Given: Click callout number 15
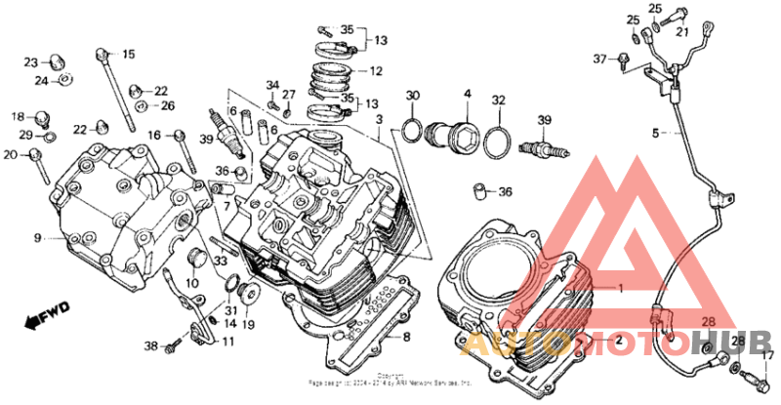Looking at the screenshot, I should [129, 55].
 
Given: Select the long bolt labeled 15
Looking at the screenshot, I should [114, 88].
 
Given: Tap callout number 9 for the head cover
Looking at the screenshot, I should [37, 237].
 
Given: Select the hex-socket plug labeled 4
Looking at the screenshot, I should [457, 128].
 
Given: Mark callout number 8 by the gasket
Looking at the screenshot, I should [407, 337].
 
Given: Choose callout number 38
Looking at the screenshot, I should [150, 346].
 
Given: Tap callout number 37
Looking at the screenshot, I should [599, 59].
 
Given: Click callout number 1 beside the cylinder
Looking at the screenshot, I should [617, 288].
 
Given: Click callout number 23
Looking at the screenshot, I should [31, 61].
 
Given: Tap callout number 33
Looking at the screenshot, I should [220, 261].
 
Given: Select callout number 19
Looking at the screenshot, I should [249, 325].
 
